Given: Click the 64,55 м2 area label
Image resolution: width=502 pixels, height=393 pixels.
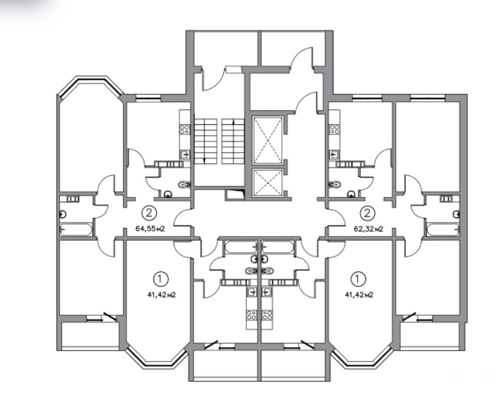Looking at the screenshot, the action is (150, 229).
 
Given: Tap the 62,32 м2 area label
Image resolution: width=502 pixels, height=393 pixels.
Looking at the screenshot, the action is (368, 229).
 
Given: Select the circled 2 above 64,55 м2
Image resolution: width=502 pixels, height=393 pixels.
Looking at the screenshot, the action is (149, 213).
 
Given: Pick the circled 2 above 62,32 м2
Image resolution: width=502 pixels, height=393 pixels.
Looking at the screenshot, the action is (368, 213).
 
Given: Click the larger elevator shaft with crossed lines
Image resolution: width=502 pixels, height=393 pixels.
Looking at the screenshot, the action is (267, 140).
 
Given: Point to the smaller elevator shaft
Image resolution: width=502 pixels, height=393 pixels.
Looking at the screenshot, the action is (267, 182).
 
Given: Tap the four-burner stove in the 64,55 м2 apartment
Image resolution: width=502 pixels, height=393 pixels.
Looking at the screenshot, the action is (185, 129).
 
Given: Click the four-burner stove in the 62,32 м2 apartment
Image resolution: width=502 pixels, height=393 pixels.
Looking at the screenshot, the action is (335, 129).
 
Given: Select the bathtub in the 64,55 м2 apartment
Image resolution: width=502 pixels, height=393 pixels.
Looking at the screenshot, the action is (76, 229).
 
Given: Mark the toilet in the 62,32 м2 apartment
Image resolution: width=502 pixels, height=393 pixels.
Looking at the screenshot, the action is (335, 184).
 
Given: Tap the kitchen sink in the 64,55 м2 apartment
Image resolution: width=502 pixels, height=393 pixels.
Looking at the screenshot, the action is (185, 154).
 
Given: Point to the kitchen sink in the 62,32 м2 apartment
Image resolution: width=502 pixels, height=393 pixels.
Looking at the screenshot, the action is (334, 154).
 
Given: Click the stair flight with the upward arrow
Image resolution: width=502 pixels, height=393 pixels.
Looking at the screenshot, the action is (233, 141).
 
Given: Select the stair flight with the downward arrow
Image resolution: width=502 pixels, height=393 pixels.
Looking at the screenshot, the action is (206, 141).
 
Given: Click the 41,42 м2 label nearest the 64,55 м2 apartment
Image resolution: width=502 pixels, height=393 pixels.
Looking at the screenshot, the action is (161, 295).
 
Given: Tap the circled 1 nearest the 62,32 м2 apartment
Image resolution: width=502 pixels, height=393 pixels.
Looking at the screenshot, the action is (358, 279).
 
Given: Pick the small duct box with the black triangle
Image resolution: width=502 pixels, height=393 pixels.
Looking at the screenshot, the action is (235, 194).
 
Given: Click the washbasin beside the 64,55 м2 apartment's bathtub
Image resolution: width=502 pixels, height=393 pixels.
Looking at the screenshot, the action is (62, 214).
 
